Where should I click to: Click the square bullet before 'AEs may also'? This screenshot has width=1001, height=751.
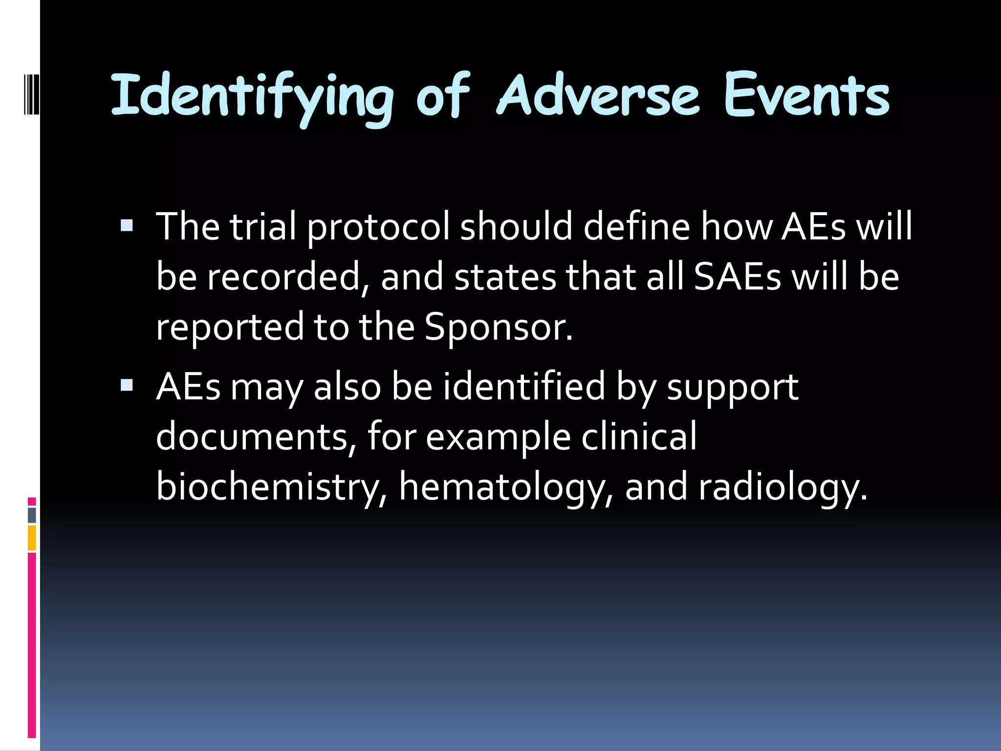[x=127, y=385]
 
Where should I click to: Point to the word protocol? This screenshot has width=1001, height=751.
[x=378, y=227]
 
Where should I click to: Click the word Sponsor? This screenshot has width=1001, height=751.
[x=498, y=327]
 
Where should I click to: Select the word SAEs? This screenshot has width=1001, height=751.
[x=737, y=277]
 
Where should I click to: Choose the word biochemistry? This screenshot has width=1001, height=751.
[x=272, y=487]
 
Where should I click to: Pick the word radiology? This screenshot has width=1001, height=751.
[x=782, y=487]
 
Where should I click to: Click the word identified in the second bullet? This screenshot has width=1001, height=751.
[x=524, y=386]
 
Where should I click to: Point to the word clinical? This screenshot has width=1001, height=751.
[x=638, y=436]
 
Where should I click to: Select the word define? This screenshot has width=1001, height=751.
[x=636, y=227]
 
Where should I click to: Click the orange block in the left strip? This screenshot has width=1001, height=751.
[x=32, y=538]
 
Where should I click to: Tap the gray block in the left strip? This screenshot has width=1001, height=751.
[x=32, y=515]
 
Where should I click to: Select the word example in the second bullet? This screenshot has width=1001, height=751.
[x=498, y=437]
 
